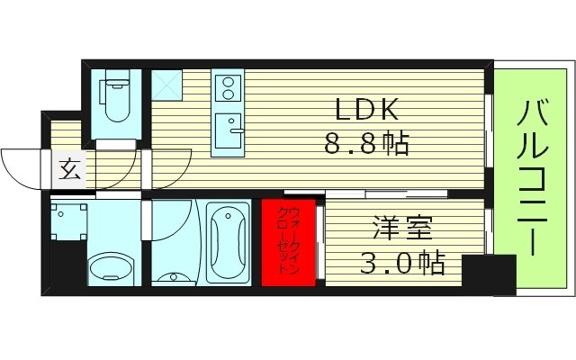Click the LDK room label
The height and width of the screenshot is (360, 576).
click(368, 110)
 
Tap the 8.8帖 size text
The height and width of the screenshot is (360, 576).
click(368, 142)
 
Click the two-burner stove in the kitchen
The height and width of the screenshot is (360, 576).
click(226, 88)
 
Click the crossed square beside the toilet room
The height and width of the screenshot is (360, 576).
click(166, 84)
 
